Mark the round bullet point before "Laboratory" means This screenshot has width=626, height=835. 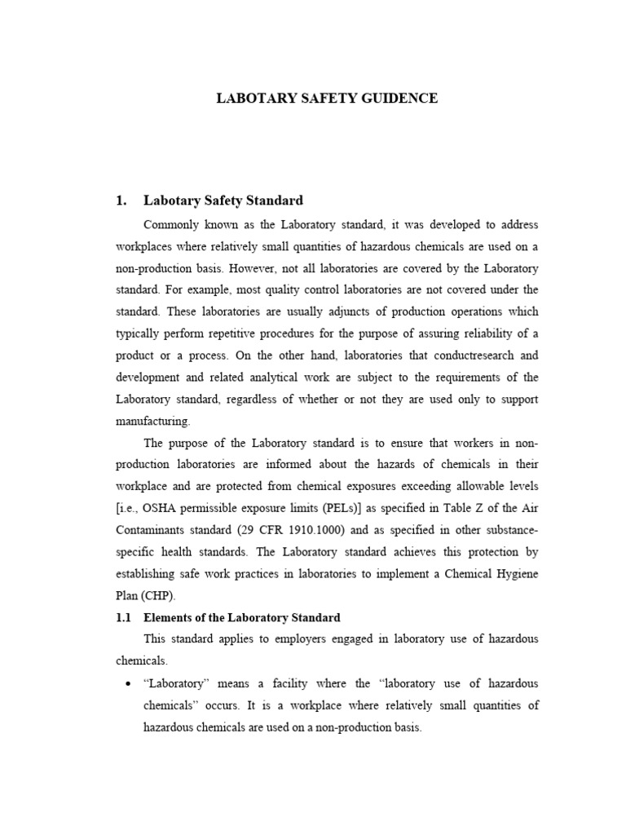(x=127, y=684)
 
